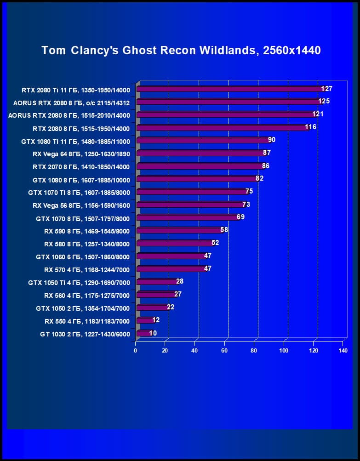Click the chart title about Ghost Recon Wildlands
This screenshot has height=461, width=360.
pyautogui.click(x=181, y=50)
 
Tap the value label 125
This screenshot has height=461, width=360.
pyautogui.click(x=324, y=101)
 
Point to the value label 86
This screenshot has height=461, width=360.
pyautogui.click(x=265, y=165)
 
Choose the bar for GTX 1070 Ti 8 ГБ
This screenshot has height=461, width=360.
pyautogui.click(x=193, y=192)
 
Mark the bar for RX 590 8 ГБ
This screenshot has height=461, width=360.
pyautogui.click(x=180, y=231)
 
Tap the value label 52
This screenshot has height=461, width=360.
pyautogui.click(x=215, y=243)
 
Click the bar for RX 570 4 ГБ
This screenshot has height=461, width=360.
pyautogui.click(x=171, y=269)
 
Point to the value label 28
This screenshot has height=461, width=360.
pyautogui.click(x=180, y=281)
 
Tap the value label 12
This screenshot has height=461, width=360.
pyautogui.click(x=156, y=320)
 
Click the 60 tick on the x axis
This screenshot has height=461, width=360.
pyautogui.click(x=224, y=351)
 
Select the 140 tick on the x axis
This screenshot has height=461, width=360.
pyautogui.click(x=343, y=351)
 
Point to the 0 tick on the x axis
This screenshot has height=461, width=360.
pyautogui.click(x=136, y=351)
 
